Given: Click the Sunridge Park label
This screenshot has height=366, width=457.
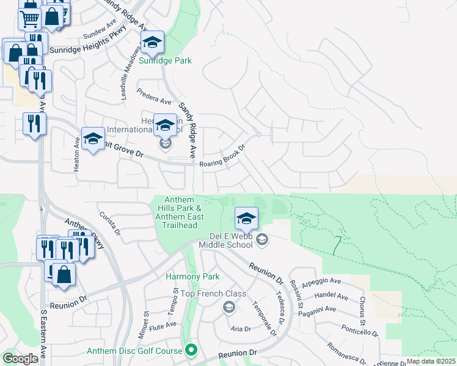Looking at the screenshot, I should pyautogui.click(x=165, y=60).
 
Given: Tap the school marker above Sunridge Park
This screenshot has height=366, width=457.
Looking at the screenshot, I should pyautogui.click(x=152, y=42).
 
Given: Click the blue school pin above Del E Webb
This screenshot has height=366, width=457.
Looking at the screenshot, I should pyautogui.click(x=246, y=218).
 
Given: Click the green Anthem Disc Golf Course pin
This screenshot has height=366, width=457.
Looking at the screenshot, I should pyautogui.click(x=191, y=350).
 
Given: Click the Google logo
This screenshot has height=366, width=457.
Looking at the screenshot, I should pyautogui.click(x=20, y=359).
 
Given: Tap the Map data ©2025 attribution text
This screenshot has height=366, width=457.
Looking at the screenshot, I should pyautogui.click(x=431, y=361).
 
